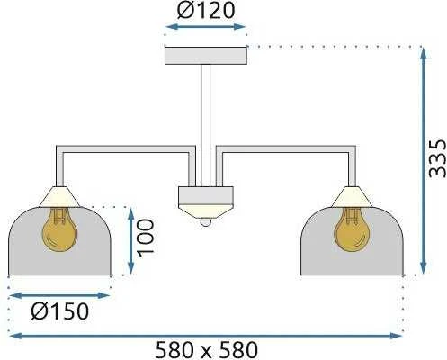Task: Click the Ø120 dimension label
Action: [x=205, y=10]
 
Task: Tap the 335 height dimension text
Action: [x=437, y=158]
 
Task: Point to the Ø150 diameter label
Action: [x=60, y=311]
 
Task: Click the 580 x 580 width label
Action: [x=207, y=350]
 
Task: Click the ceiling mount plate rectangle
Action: [x=206, y=56]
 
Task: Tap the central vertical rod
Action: [x=206, y=126]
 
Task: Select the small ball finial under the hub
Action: [x=206, y=222]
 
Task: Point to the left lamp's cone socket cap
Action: [x=59, y=197]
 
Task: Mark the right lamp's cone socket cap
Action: [x=352, y=197]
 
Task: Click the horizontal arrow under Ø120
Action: [x=206, y=27]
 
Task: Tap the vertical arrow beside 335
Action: [x=423, y=160]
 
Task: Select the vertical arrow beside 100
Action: [x=130, y=240]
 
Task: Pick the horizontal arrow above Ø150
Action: [x=60, y=296]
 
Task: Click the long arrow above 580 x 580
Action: [x=206, y=336]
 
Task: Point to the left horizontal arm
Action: [x=126, y=149]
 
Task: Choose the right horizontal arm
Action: [x=286, y=149]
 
